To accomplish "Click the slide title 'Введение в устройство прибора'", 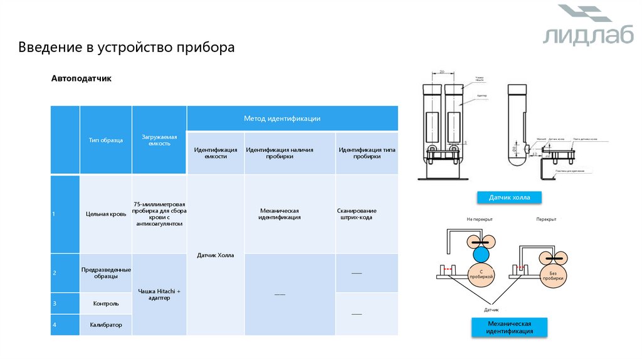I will (x=126, y=48).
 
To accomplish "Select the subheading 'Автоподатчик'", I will (x=81, y=79).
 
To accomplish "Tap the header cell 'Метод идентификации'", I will (x=292, y=118).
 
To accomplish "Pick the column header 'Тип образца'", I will (x=105, y=140).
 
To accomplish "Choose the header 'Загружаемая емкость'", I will (x=159, y=140).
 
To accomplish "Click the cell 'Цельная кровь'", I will (x=105, y=214).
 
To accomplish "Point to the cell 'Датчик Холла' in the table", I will (x=215, y=255).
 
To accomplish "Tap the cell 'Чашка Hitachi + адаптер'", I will (x=159, y=294).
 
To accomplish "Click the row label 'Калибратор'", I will (x=105, y=324).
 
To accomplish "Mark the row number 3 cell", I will (x=65, y=303).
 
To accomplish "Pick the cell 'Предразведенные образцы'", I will (x=105, y=273).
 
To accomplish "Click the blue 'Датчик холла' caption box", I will (x=509, y=197).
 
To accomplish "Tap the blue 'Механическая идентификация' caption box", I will (x=509, y=327).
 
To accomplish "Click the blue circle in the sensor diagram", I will (x=481, y=254).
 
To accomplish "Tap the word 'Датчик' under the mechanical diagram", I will (x=491, y=310).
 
